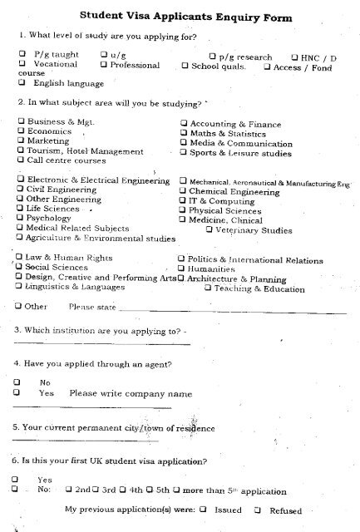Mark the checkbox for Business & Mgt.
click(x=20, y=122)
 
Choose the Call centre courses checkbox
click(x=20, y=161)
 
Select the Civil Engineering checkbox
click(x=20, y=190)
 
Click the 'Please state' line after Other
click(x=233, y=307)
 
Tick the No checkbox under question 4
click(x=17, y=382)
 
